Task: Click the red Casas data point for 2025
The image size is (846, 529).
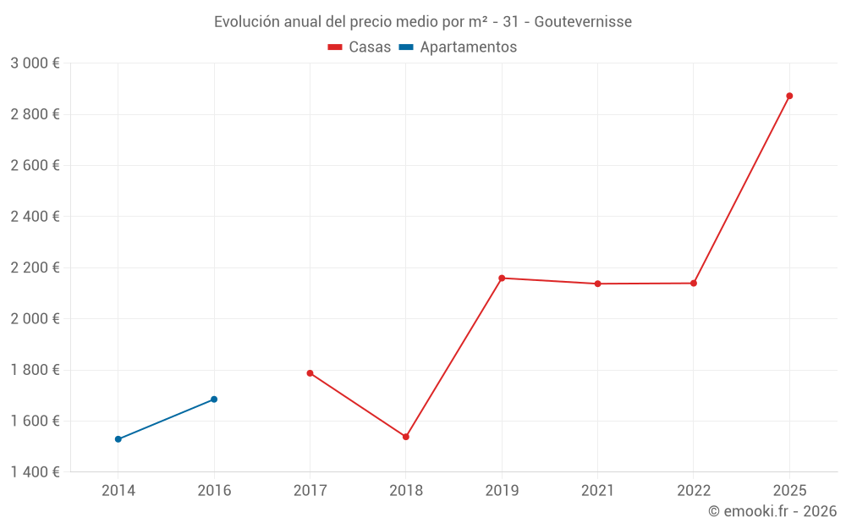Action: pyautogui.click(x=789, y=96)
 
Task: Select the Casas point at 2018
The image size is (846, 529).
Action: pyautogui.click(x=406, y=437)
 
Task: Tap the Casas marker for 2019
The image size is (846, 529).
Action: pyautogui.click(x=502, y=278)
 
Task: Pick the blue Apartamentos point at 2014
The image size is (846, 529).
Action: pyautogui.click(x=118, y=439)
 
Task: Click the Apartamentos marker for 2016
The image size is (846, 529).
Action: pyautogui.click(x=214, y=400)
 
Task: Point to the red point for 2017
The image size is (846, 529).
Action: pyautogui.click(x=310, y=373)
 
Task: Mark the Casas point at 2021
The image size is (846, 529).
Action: pyautogui.click(x=597, y=284)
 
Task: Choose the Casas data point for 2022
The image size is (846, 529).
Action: pyautogui.click(x=694, y=283)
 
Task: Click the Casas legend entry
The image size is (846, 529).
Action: pyautogui.click(x=360, y=47)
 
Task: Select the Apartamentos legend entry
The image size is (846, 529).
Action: pyautogui.click(x=458, y=47)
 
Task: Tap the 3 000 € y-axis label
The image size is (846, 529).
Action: pyautogui.click(x=35, y=63)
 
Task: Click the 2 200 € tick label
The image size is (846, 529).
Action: pyautogui.click(x=35, y=267)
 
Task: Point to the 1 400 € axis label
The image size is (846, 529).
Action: pyautogui.click(x=35, y=472)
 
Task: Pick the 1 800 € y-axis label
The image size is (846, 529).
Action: pyautogui.click(x=35, y=370)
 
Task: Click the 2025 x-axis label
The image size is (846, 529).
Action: pyautogui.click(x=789, y=490)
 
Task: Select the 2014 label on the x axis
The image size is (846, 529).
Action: pyautogui.click(x=118, y=490)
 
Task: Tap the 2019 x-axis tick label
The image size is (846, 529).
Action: pyautogui.click(x=502, y=490)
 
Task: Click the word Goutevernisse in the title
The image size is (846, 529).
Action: pyautogui.click(x=583, y=22)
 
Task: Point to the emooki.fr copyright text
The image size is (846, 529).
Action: pyautogui.click(x=772, y=511)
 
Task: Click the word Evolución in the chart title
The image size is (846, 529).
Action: pyautogui.click(x=244, y=22)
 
